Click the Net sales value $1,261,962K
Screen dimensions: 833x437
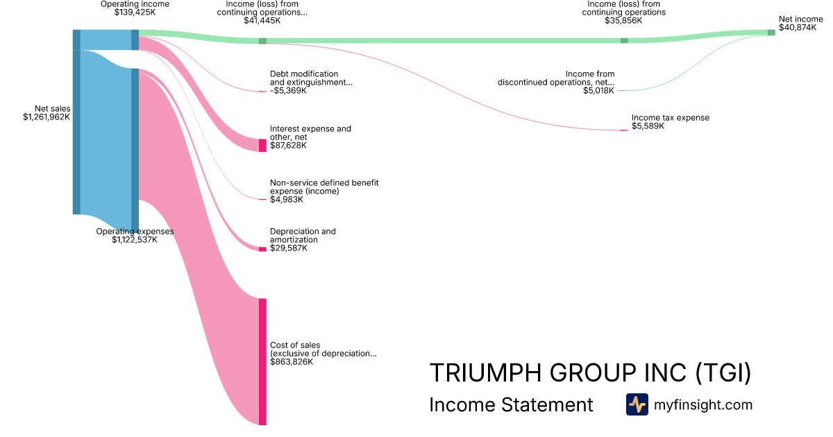[47, 117]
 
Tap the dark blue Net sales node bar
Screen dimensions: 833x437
[76, 122]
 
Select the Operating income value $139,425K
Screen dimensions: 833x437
[135, 12]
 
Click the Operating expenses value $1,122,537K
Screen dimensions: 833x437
[135, 240]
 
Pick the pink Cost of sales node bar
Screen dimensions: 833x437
[262, 361]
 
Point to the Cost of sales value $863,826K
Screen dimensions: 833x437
[292, 362]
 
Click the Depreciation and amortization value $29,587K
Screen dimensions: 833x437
[288, 248]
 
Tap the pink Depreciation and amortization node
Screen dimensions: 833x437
[262, 248]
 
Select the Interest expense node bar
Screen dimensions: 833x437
[262, 145]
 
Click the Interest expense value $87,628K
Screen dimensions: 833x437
[288, 146]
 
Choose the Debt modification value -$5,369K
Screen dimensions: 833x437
[288, 91]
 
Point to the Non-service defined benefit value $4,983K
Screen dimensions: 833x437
[287, 200]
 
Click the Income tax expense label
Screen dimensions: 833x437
[671, 118]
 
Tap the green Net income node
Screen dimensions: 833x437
[771, 33]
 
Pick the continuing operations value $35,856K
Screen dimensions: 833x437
[623, 21]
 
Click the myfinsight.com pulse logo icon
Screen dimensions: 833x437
[637, 404]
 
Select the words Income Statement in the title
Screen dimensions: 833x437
[512, 404]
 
